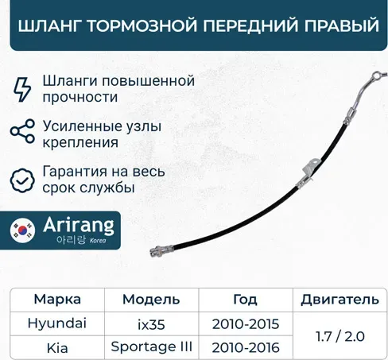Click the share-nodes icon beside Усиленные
point(24,133)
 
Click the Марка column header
point(57,300)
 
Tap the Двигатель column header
point(334,300)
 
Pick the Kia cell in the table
point(57,347)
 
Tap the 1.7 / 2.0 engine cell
point(334,335)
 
